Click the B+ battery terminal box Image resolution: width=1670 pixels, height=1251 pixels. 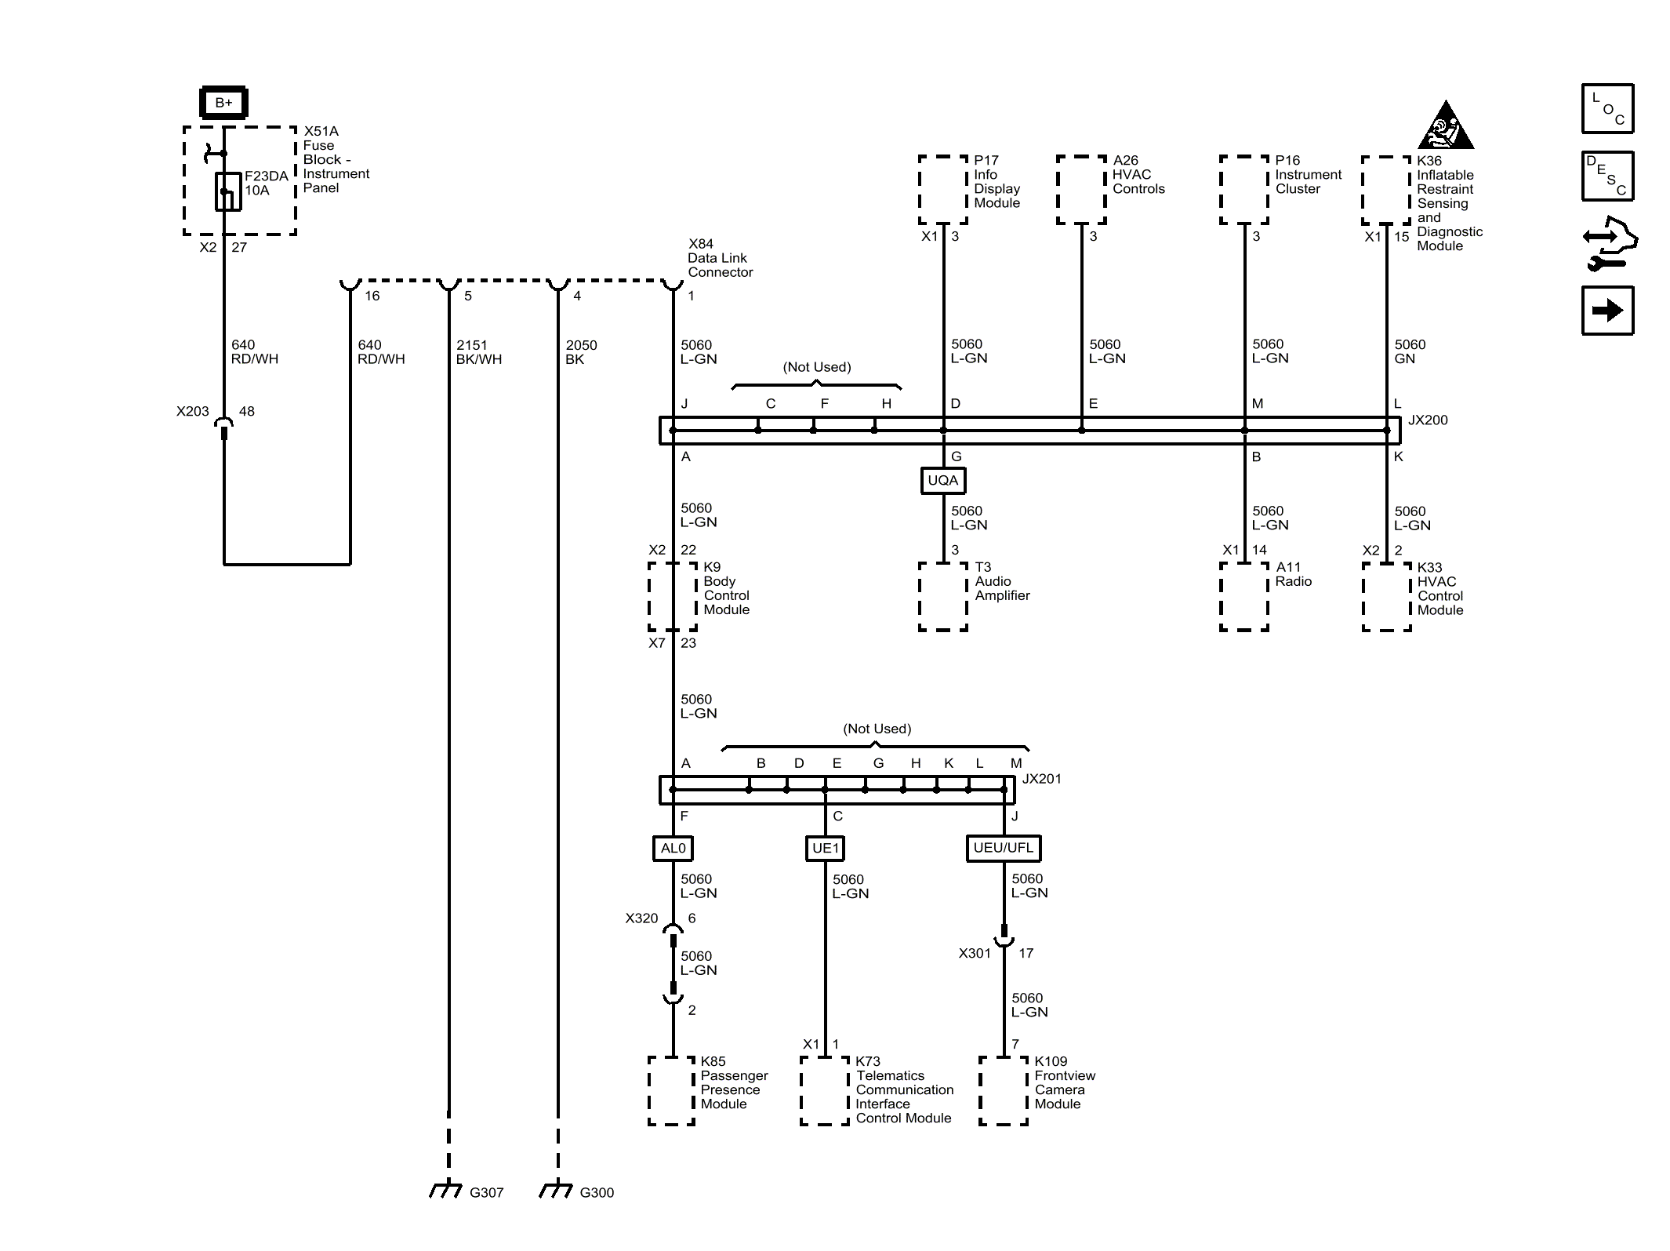223,103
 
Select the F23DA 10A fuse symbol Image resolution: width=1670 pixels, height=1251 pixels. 228,191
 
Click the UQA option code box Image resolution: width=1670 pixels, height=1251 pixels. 942,480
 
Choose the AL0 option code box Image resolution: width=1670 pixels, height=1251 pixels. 673,848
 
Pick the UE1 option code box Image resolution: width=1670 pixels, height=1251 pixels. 826,848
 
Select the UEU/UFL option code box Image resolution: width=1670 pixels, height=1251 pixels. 1004,848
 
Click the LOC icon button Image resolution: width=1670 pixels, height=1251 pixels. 1607,108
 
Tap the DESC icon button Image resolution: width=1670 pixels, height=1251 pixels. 1607,176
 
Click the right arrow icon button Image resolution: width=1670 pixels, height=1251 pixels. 1607,311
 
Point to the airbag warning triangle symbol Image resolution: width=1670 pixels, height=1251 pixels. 1447,125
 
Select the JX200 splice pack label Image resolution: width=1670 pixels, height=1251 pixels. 1428,420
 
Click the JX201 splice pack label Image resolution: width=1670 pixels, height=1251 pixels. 1042,779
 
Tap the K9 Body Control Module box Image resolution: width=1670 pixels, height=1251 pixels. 673,596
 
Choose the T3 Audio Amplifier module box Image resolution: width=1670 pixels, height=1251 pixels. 943,596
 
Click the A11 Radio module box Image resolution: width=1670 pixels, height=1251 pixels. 1244,596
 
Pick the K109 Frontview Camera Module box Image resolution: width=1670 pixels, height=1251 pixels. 1004,1091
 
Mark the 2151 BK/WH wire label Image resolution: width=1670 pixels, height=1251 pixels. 479,352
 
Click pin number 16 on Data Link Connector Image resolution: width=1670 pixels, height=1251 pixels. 372,296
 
